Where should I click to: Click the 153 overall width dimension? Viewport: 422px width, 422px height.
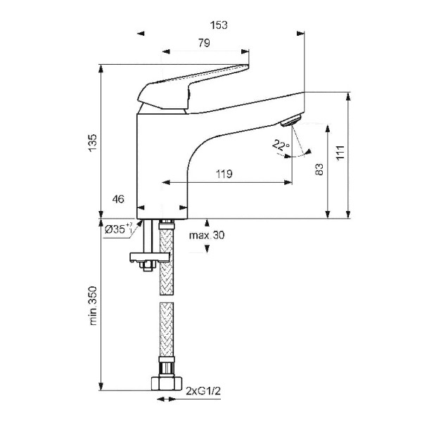click(220, 25)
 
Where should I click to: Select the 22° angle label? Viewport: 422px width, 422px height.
click(281, 146)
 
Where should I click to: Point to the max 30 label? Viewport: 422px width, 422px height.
click(207, 235)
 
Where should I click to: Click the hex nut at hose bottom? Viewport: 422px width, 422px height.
click(165, 382)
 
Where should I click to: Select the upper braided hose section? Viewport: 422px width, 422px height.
click(165, 250)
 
